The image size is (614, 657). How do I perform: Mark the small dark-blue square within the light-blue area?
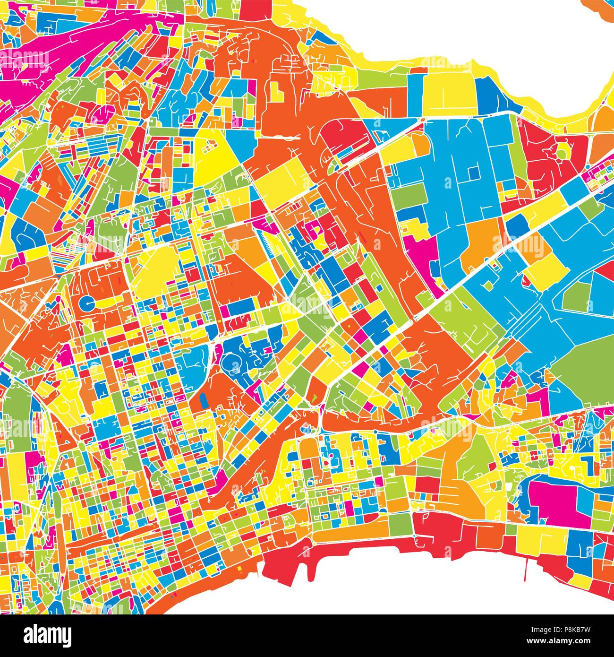click(x=473, y=173)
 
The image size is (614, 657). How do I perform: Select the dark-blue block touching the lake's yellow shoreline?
click(x=491, y=95)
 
